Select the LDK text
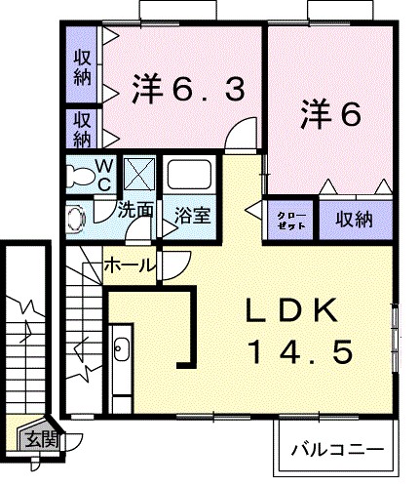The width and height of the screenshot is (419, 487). pos(291,313)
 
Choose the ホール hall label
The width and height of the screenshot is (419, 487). pos(127,264)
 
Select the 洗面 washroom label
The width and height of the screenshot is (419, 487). pos(137,209)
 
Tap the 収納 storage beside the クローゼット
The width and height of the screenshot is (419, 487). pos(355,220)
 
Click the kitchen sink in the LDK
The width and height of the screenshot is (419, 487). pos(122,348)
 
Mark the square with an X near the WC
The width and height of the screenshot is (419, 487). pos(140,176)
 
